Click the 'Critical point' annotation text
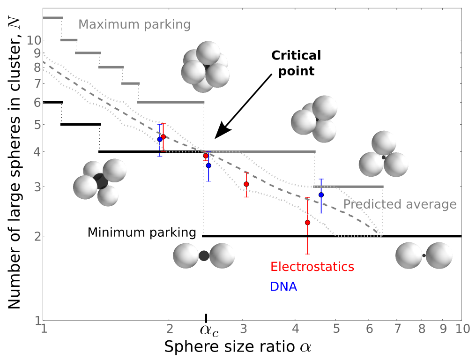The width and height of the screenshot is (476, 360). (x=296, y=63)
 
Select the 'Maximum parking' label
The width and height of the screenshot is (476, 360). (x=134, y=24)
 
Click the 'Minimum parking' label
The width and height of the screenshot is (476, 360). (x=141, y=232)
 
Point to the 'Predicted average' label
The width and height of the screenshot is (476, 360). (x=400, y=204)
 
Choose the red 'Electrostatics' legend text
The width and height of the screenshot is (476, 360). (x=312, y=267)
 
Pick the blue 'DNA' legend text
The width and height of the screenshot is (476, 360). (x=283, y=286)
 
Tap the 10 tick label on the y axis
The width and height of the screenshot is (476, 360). (x=34, y=40)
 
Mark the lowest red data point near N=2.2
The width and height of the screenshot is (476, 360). (x=307, y=223)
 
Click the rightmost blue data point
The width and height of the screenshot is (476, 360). (x=321, y=195)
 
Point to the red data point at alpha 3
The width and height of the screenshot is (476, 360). (x=246, y=184)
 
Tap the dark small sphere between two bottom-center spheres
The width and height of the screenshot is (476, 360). (x=203, y=255)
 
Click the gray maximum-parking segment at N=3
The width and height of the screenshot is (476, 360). (x=348, y=187)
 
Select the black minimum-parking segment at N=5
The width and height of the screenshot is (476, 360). (x=81, y=124)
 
